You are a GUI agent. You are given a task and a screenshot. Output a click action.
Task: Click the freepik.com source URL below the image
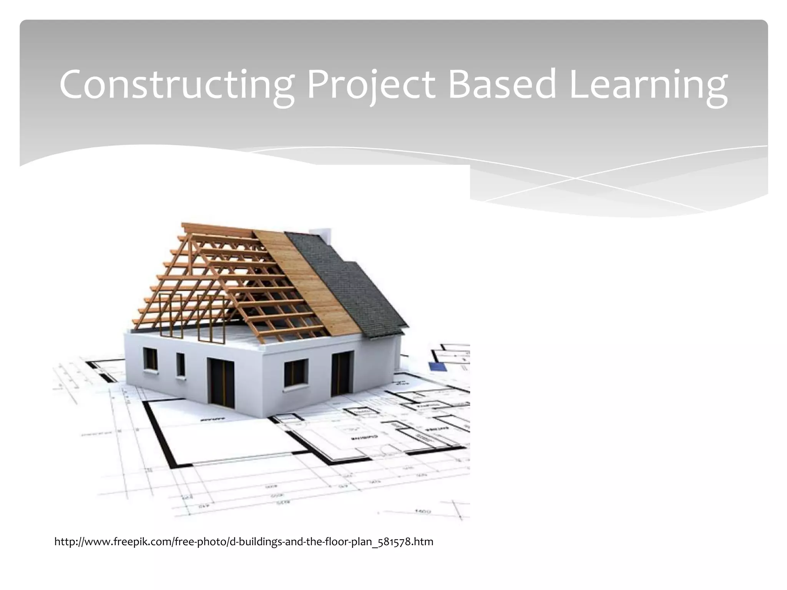[x=244, y=542]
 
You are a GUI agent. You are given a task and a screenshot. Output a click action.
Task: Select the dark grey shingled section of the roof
[x=346, y=284]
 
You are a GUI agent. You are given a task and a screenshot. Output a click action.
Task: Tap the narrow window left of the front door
[x=180, y=365]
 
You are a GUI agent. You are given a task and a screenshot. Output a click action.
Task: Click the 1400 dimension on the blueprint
[x=423, y=511]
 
